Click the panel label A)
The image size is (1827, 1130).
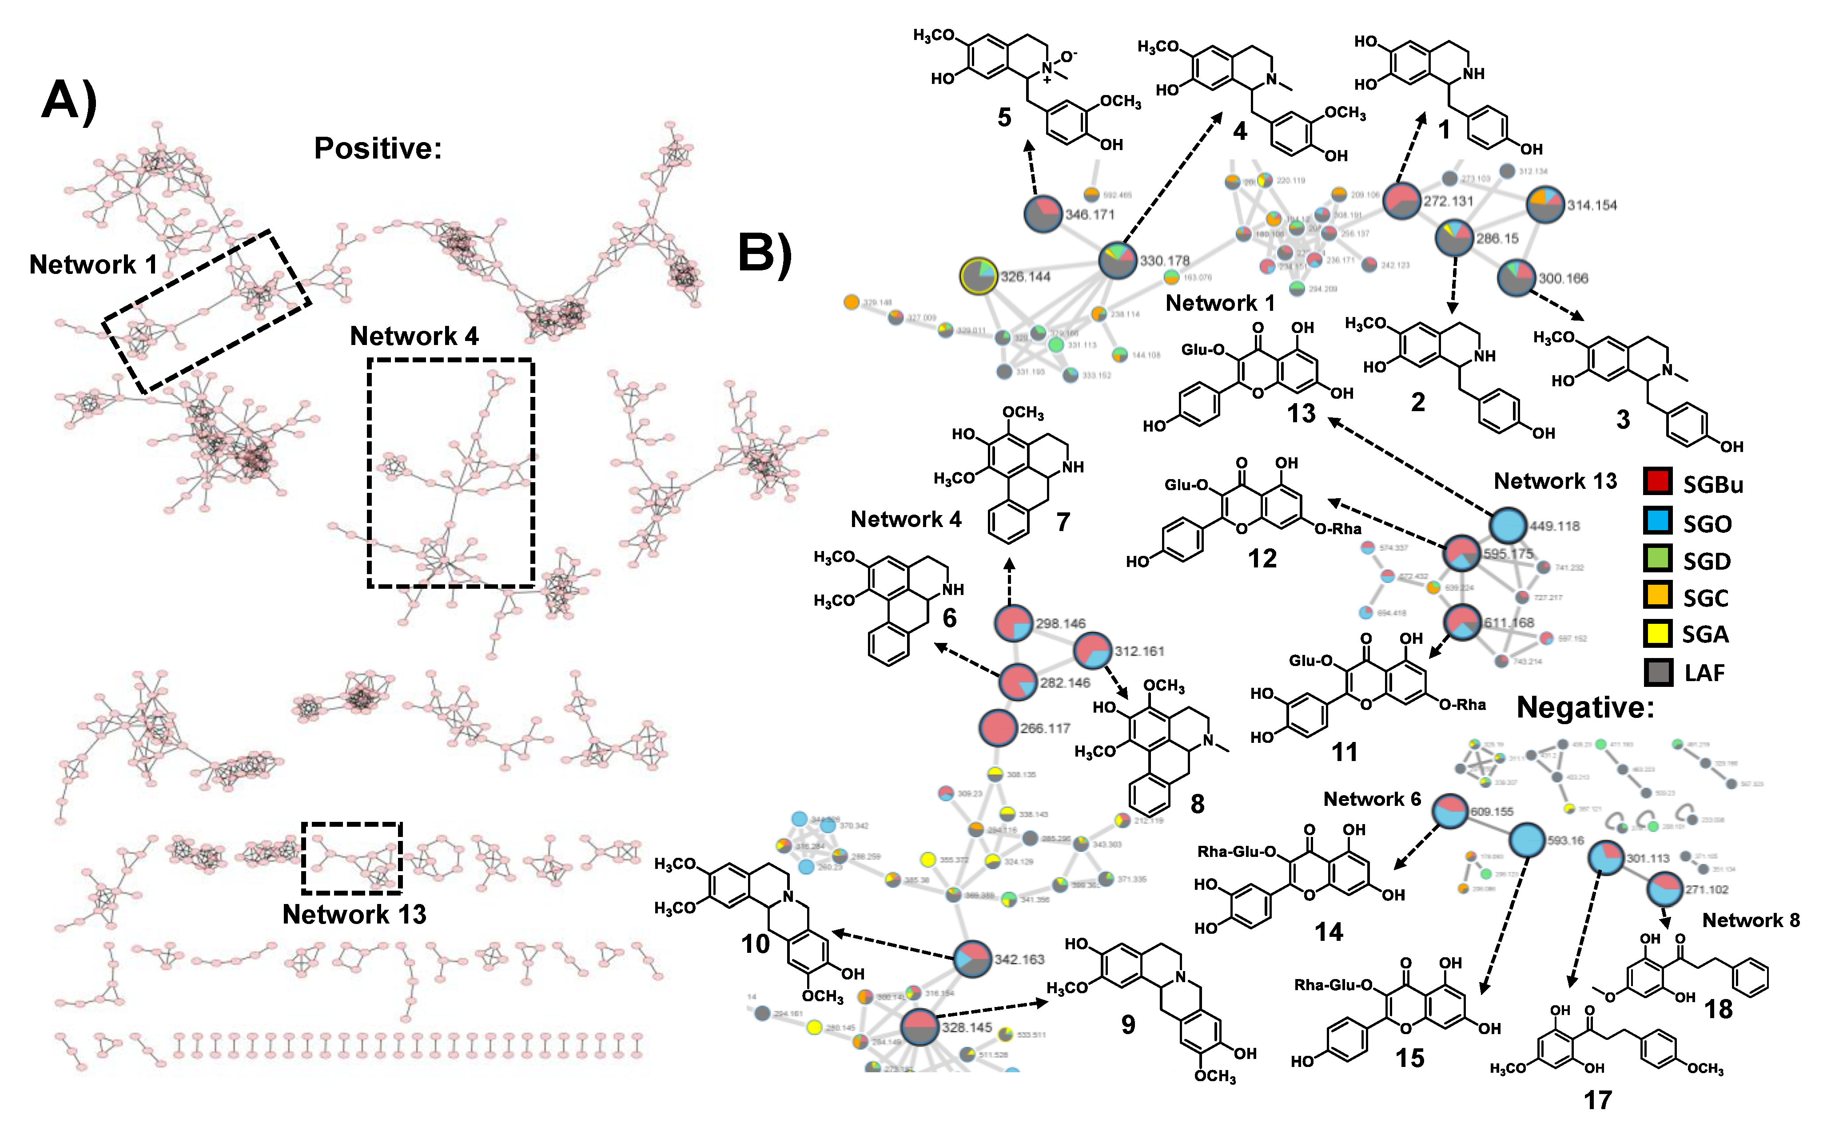[x=69, y=100]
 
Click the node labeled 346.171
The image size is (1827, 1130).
[x=1043, y=214]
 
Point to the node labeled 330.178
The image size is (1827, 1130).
[x=1118, y=261]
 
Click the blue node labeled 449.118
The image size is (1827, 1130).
[x=1508, y=525]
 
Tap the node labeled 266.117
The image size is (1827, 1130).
[x=998, y=728]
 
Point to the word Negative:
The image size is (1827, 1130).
[x=1585, y=707]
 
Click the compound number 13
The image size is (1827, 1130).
[x=1301, y=413]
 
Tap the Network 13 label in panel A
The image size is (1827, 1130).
[x=354, y=914]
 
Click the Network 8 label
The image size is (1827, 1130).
[x=1751, y=920]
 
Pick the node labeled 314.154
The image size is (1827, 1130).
[x=1544, y=205]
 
